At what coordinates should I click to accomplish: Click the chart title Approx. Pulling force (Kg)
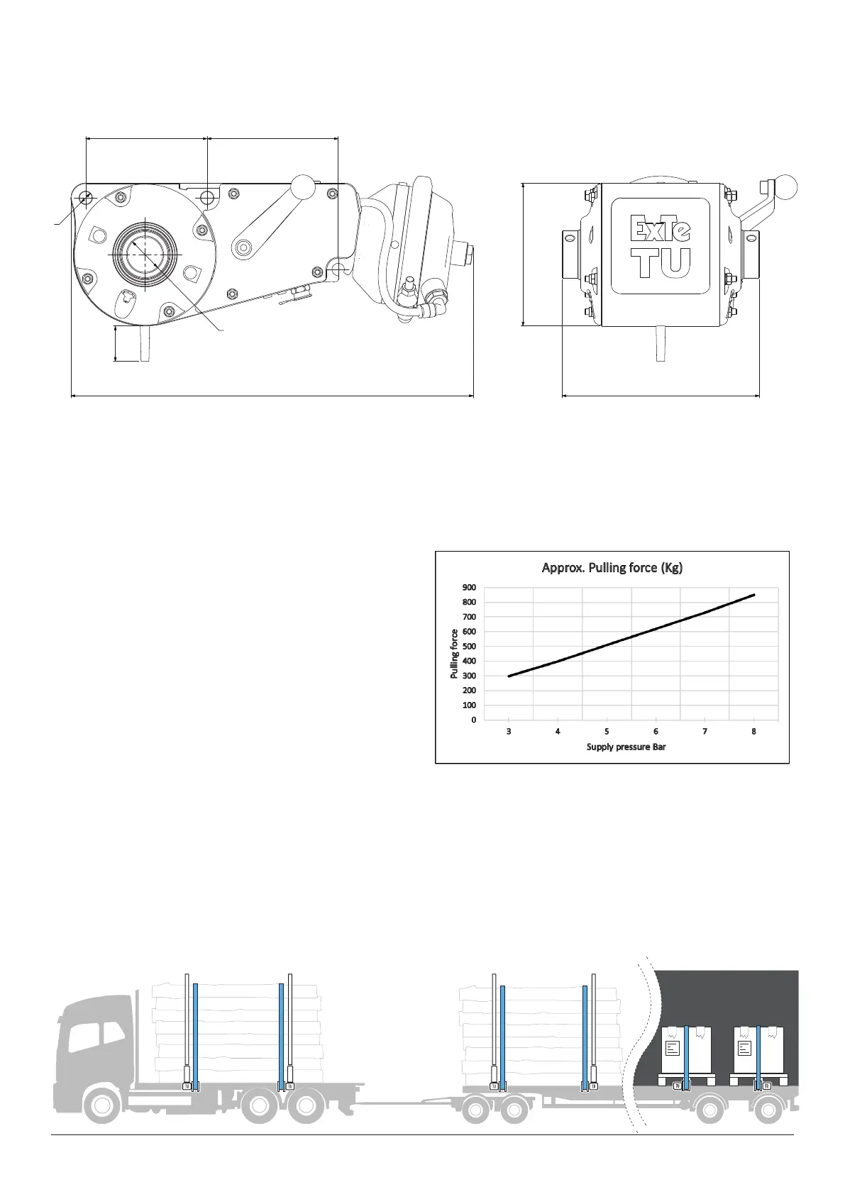(x=612, y=568)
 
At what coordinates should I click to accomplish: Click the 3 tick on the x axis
(x=509, y=732)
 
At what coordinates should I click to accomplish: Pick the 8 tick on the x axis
(x=753, y=732)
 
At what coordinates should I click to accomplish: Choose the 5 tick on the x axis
(x=607, y=732)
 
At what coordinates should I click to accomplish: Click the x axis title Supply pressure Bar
(x=626, y=747)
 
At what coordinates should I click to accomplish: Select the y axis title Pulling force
(x=454, y=653)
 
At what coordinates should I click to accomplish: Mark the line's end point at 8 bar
(x=753, y=595)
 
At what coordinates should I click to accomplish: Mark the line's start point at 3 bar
(x=509, y=676)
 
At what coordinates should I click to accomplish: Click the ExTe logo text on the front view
(x=660, y=228)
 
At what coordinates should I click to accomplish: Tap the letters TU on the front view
(x=662, y=263)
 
